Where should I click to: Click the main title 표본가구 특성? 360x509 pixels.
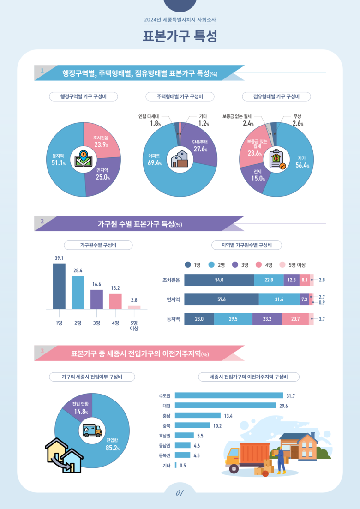tap(180, 36)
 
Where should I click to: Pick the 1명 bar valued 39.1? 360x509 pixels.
tap(59, 286)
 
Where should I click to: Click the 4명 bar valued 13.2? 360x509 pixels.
tap(115, 301)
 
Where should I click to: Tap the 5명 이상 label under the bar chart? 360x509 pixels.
tap(134, 325)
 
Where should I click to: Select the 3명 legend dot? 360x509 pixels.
tap(235, 265)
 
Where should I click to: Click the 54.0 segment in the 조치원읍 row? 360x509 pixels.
tap(219, 280)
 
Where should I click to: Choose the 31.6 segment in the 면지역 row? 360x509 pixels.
tap(279, 299)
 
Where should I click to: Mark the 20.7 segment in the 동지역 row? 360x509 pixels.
tap(295, 319)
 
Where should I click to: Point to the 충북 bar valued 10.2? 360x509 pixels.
tap(192, 425)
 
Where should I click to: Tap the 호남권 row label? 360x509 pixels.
tap(164, 436)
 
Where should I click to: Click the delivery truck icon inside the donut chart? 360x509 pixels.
tap(92, 431)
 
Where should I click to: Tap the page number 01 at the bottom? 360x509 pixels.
tap(180, 493)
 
